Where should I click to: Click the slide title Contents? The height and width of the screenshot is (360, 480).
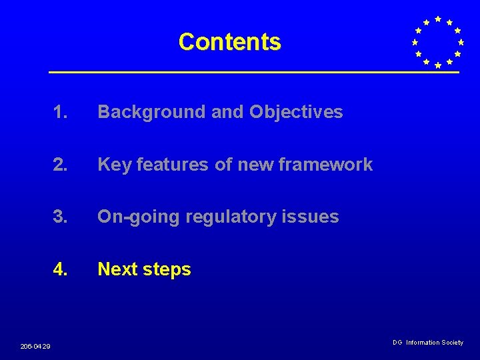coord(229,42)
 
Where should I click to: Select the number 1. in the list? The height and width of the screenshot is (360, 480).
coord(61,112)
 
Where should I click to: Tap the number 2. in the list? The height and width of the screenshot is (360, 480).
coord(61,165)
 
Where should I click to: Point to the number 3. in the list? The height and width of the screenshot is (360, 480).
coord(61,217)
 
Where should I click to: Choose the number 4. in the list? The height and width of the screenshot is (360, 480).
coord(61,269)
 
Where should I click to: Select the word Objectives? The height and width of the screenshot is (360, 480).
coord(296,112)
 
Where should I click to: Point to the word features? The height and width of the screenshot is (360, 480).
coord(173,165)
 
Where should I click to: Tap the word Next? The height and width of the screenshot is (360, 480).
coord(118,269)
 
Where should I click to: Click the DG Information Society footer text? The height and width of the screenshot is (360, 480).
coord(427,343)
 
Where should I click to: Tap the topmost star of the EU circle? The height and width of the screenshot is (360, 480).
coord(437,19)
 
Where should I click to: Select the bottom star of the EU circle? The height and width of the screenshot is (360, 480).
coord(437,65)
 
